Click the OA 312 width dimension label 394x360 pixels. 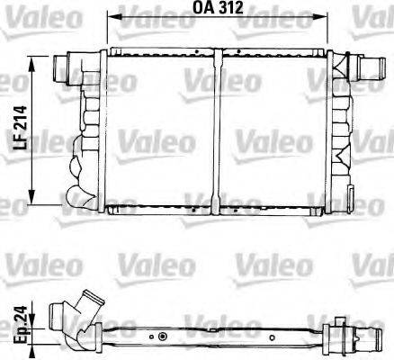click(x=219, y=10)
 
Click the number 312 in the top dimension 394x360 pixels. click(x=231, y=10)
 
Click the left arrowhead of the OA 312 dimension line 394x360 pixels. click(x=112, y=15)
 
